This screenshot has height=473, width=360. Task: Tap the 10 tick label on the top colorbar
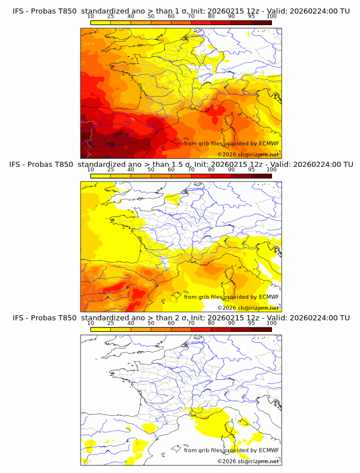tap(91, 17)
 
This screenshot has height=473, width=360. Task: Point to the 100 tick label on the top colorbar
tap(271, 17)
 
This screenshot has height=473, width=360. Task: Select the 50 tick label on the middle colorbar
tap(151, 170)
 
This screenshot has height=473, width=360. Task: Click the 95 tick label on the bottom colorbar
tap(251, 323)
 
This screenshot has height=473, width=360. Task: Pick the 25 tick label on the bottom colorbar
tap(111, 323)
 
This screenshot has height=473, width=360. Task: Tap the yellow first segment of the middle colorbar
tap(101, 176)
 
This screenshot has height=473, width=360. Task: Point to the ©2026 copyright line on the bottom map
tap(248, 461)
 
